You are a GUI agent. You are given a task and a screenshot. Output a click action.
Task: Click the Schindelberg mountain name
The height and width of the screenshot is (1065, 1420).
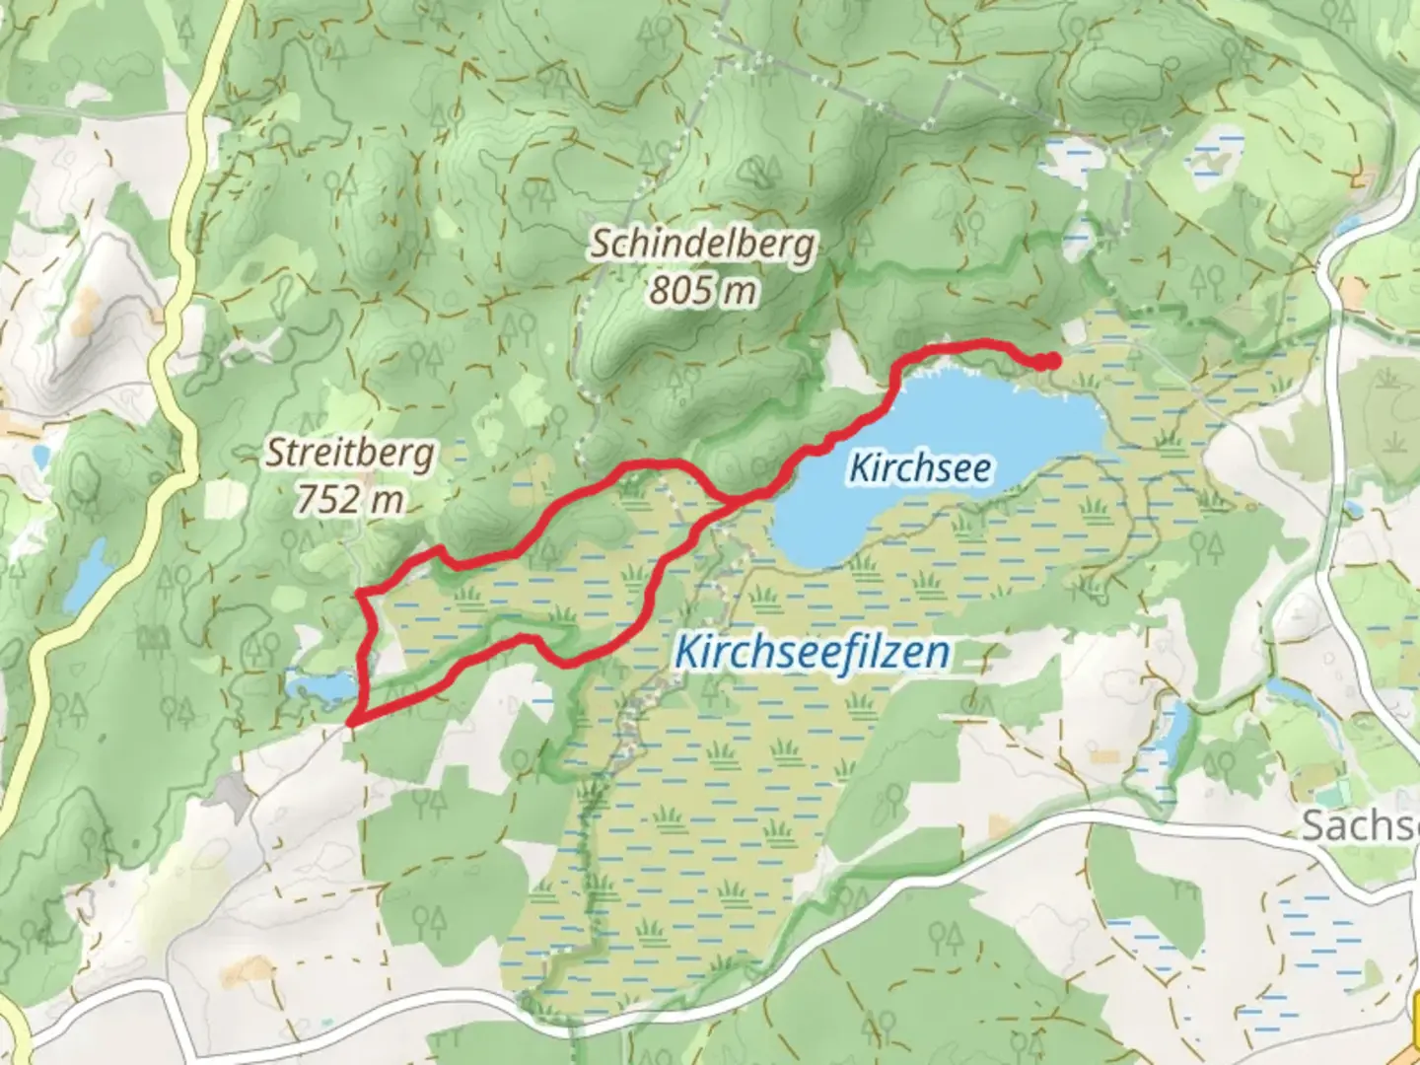702,245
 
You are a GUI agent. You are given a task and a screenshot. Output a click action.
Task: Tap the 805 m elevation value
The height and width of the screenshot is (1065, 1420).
702,291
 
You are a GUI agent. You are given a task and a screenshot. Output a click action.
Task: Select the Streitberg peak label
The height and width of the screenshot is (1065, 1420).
349,455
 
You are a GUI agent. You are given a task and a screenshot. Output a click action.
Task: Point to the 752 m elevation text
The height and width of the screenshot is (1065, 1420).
349,500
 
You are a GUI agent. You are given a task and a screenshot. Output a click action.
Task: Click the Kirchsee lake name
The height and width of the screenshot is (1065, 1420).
919,468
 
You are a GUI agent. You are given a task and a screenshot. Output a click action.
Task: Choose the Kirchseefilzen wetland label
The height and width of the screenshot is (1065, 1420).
813,652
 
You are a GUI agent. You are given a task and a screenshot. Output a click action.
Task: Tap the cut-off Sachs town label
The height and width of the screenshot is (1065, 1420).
1361,826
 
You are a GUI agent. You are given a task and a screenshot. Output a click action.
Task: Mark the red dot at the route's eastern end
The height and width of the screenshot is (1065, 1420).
1051,362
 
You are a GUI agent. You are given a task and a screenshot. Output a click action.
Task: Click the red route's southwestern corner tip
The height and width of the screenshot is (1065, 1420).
350,722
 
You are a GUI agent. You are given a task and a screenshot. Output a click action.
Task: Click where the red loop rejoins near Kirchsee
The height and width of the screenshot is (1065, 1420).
735,500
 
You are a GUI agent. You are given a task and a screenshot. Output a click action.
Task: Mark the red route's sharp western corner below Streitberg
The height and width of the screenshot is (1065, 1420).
361,593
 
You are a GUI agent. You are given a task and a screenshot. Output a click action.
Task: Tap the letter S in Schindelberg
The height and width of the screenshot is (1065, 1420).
601,245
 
